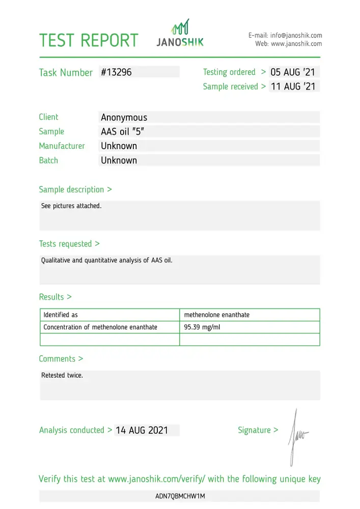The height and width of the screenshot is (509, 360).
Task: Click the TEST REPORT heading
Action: (89, 40)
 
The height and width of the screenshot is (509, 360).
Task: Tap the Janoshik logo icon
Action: (180, 26)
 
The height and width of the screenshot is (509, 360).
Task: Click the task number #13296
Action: (116, 72)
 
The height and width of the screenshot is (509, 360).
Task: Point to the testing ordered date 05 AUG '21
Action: (293, 72)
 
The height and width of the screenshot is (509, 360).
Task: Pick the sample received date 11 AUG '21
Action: (293, 87)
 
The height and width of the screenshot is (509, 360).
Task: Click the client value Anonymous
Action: (124, 118)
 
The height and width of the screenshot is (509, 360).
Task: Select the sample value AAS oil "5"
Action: (123, 132)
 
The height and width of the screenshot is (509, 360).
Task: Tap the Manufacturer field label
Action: (62, 146)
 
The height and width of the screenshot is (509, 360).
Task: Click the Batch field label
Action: (48, 160)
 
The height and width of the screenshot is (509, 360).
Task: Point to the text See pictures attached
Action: (71, 206)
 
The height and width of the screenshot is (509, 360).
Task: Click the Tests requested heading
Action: (69, 244)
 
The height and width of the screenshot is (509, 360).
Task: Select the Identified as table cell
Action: (61, 315)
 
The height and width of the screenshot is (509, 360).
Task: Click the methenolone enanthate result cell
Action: (217, 315)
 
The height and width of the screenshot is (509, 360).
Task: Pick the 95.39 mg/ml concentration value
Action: (202, 327)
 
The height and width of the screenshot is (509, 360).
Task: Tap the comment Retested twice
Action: (62, 376)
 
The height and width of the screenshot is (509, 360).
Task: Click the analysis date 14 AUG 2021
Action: (142, 430)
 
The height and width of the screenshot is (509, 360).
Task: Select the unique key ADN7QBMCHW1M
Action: (180, 496)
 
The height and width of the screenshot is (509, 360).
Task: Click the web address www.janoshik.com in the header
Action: (296, 44)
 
